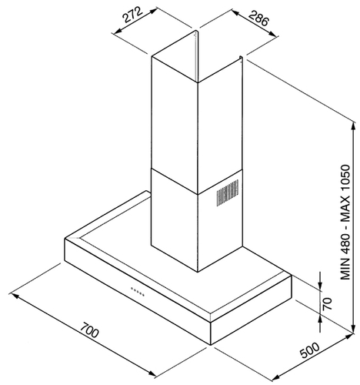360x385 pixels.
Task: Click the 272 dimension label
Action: coord(132,15)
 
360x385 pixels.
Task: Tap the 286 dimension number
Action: coord(258,18)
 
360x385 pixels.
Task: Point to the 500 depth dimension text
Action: coord(309,350)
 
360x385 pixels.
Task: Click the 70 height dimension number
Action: coord(327,303)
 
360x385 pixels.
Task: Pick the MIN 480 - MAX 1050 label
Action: coord(345,223)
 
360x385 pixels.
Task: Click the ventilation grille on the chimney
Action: coord(228,192)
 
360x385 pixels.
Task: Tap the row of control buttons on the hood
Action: coord(138,292)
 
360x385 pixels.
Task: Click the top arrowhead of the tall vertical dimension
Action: coord(354,126)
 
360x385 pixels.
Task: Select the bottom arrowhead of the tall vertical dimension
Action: coord(354,329)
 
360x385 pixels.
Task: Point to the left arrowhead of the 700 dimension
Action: coord(15,296)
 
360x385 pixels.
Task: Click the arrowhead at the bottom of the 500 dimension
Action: coord(275,378)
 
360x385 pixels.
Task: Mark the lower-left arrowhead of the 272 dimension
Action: coord(117,32)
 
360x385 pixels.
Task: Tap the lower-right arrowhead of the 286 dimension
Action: coord(273,33)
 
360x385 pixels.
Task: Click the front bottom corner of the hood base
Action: coord(211,345)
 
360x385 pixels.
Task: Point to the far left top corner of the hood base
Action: coord(65,239)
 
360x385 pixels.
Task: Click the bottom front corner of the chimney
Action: coord(198,272)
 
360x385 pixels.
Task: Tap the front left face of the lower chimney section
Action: coord(175,220)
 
